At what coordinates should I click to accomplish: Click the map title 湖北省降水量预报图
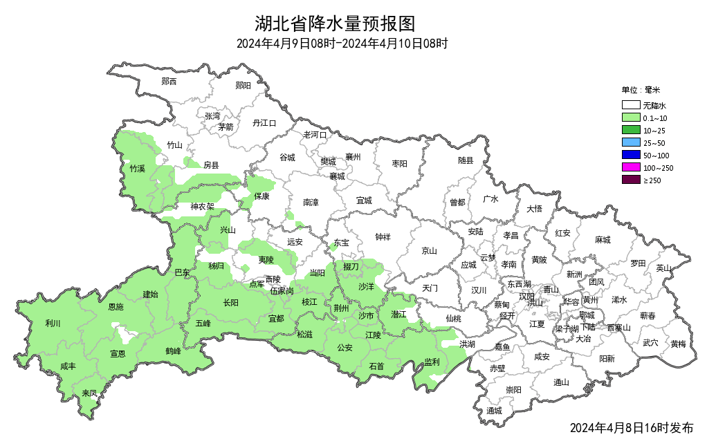coord(335,24)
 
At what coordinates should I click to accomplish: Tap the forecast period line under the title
coord(342,44)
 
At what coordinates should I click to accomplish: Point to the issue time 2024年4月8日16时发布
coord(631,428)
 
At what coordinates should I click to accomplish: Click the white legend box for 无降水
coord(630,106)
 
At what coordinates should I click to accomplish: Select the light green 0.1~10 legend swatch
coord(630,118)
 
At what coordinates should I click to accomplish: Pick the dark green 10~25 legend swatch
coord(630,130)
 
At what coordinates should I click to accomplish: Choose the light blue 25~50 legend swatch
coord(630,142)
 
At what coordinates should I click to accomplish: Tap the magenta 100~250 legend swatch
coord(630,167)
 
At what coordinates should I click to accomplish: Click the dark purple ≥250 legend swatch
coord(630,180)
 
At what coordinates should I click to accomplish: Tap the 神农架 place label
coord(203,206)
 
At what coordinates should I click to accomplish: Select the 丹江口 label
coord(264,123)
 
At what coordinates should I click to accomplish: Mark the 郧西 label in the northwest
coord(169,82)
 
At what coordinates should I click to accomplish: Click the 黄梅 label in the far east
coord(678,344)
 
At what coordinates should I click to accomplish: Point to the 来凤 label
coord(89,393)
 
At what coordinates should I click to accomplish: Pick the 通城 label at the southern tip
coord(494,411)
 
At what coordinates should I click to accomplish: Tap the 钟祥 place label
coord(383,237)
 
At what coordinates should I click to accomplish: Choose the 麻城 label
coord(603,240)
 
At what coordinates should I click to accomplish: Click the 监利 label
coord(432,362)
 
